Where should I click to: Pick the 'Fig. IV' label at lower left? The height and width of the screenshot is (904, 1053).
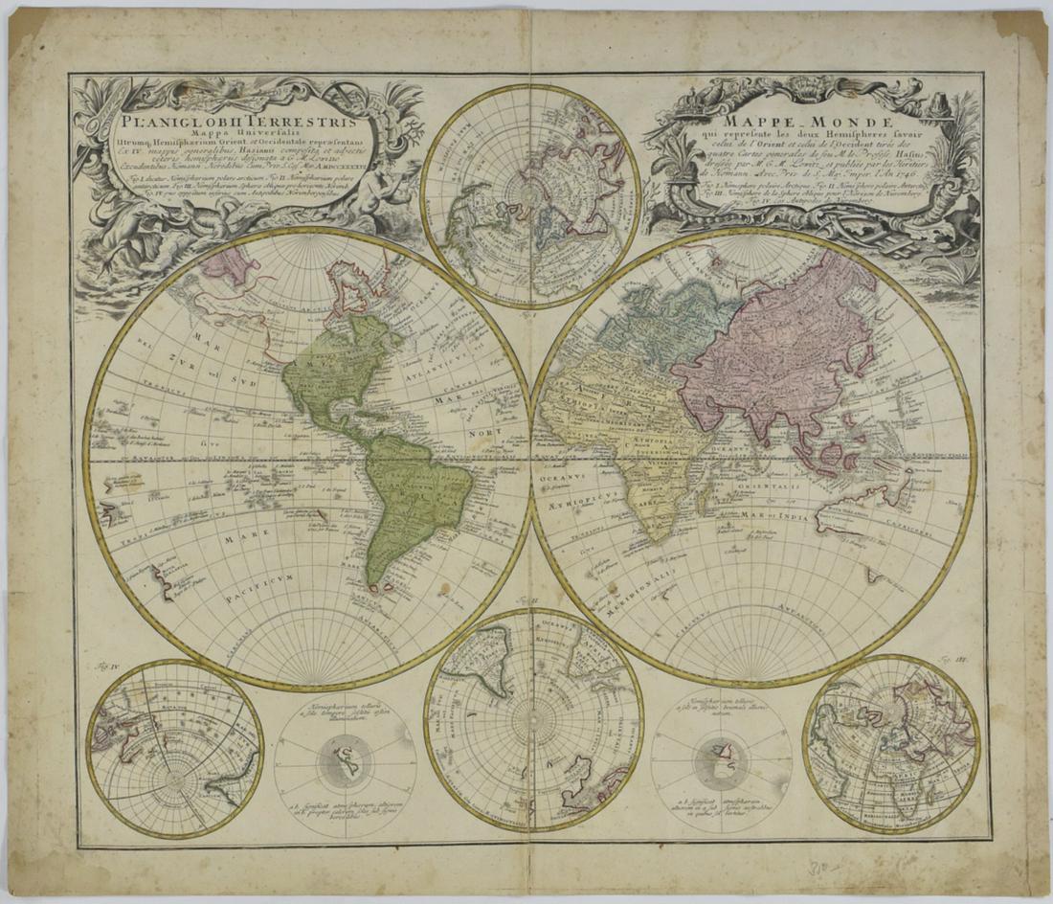101,662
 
